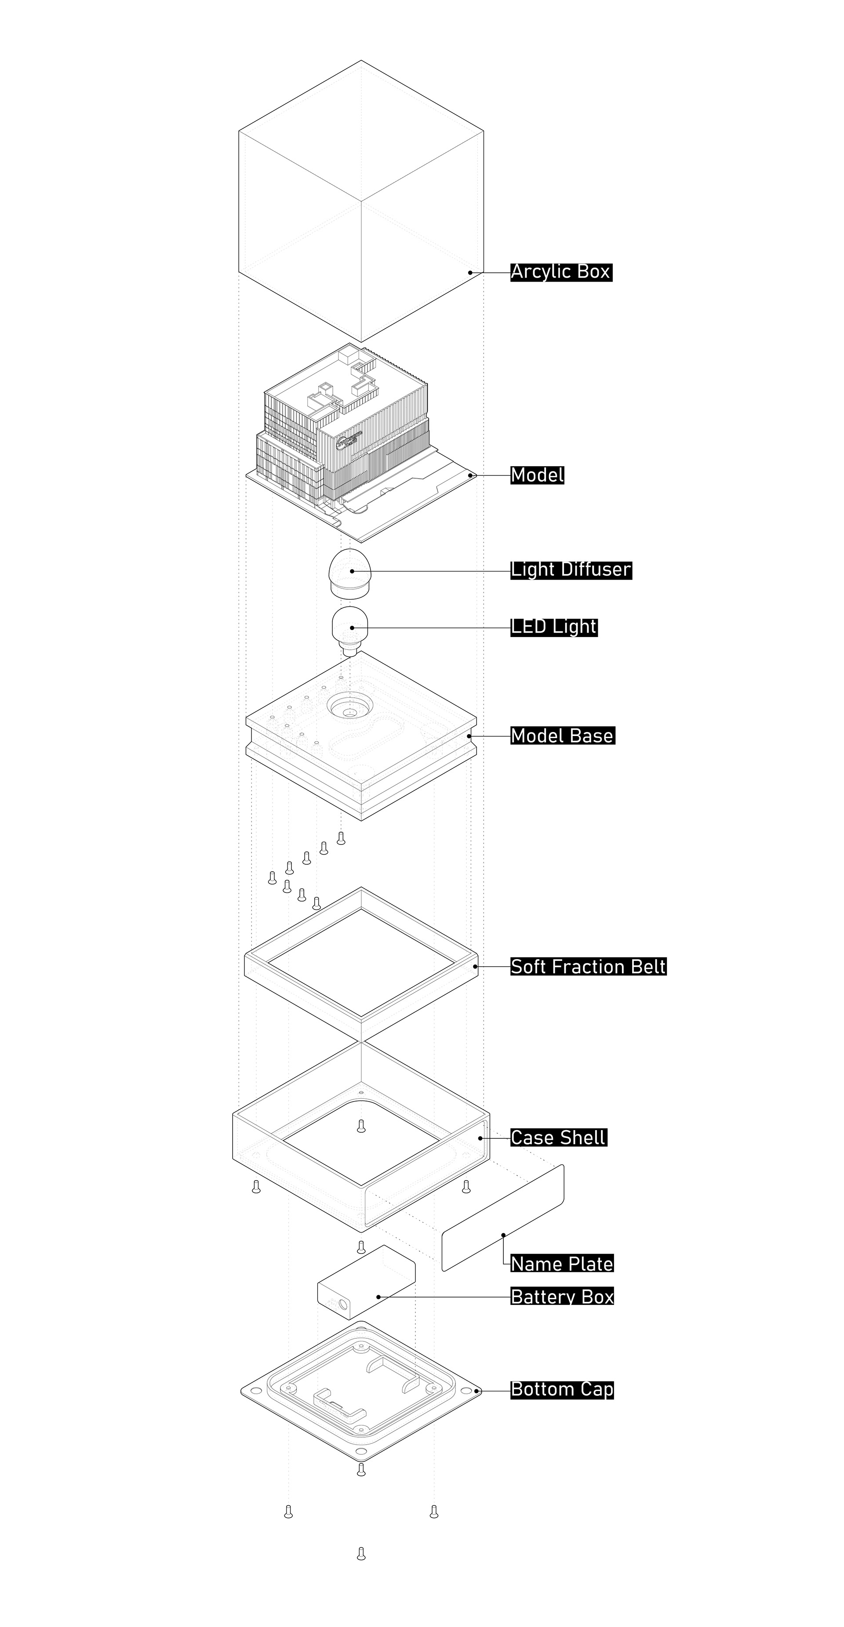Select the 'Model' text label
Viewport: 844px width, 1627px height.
pyautogui.click(x=537, y=475)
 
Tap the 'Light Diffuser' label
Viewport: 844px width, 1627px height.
pyautogui.click(x=571, y=570)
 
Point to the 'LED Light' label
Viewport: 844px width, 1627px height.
pyautogui.click(x=553, y=627)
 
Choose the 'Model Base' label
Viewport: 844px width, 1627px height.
pyautogui.click(x=562, y=736)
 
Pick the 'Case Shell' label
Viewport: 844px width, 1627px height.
pyautogui.click(x=558, y=1138)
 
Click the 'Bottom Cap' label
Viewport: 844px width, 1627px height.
pyautogui.click(x=562, y=1389)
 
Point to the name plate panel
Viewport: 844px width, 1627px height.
pyautogui.click(x=503, y=1218)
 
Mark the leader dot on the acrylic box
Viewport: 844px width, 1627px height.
pyautogui.click(x=470, y=273)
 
